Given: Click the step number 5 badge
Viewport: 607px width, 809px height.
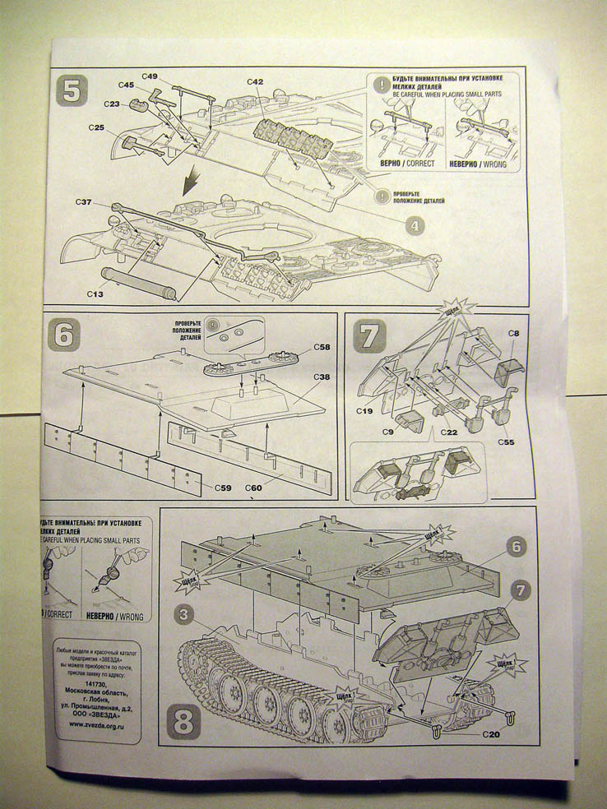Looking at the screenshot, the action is [72, 90].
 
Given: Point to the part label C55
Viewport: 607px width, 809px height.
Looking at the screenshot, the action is [507, 442].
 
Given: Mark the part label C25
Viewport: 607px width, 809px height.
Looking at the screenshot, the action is [96, 128].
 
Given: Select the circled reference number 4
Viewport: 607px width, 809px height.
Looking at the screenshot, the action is [415, 224].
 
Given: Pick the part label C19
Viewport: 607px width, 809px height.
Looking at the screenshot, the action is [364, 409].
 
